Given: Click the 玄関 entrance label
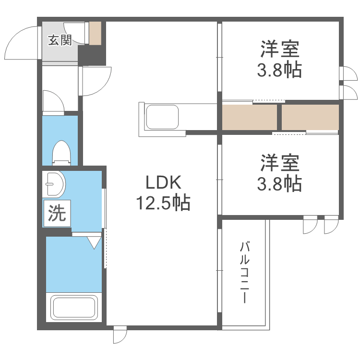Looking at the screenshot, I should pos(60,40).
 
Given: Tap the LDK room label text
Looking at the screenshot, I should pos(163,182).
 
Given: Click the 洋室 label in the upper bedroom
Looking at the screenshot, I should pos(280,50).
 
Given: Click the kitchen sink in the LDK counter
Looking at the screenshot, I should pos(162,117).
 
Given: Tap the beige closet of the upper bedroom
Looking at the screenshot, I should pos(250,117).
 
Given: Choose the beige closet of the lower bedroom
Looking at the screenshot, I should pos(310,117).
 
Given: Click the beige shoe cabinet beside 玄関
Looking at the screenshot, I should pos(95,34).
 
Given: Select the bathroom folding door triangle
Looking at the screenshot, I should pos(95,241).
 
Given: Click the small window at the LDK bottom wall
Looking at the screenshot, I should pos(120,335).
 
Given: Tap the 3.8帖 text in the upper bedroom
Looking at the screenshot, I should pos(280,71).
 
